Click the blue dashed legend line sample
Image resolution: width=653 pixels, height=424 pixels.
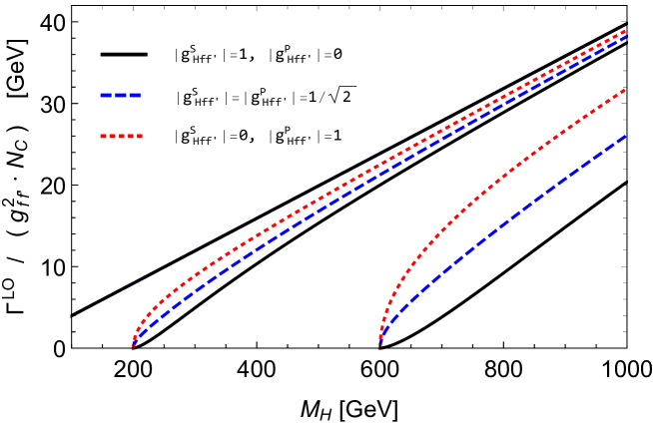(x=121, y=96)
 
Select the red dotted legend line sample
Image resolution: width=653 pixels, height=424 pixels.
(x=122, y=136)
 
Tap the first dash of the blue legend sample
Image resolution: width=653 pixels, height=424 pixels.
(x=105, y=96)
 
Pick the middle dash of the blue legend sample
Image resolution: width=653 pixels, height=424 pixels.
(x=121, y=96)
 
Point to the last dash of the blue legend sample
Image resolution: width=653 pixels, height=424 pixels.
(x=136, y=96)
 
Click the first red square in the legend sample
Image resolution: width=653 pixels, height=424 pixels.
(x=103, y=136)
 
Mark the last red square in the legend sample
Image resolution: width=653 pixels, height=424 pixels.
(x=140, y=136)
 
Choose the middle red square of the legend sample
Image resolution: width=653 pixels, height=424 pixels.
(x=122, y=136)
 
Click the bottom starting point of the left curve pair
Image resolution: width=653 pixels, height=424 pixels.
(x=133, y=346)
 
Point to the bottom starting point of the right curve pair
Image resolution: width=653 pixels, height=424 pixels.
(x=380, y=346)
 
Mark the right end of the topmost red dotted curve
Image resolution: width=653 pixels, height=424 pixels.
(x=625, y=31)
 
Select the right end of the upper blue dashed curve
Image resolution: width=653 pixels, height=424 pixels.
(x=625, y=37)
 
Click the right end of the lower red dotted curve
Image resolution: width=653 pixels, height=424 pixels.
(x=625, y=90)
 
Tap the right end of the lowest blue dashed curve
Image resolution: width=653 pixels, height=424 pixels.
(x=625, y=136)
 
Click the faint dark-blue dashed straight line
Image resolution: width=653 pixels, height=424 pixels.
(x=200, y=253)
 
